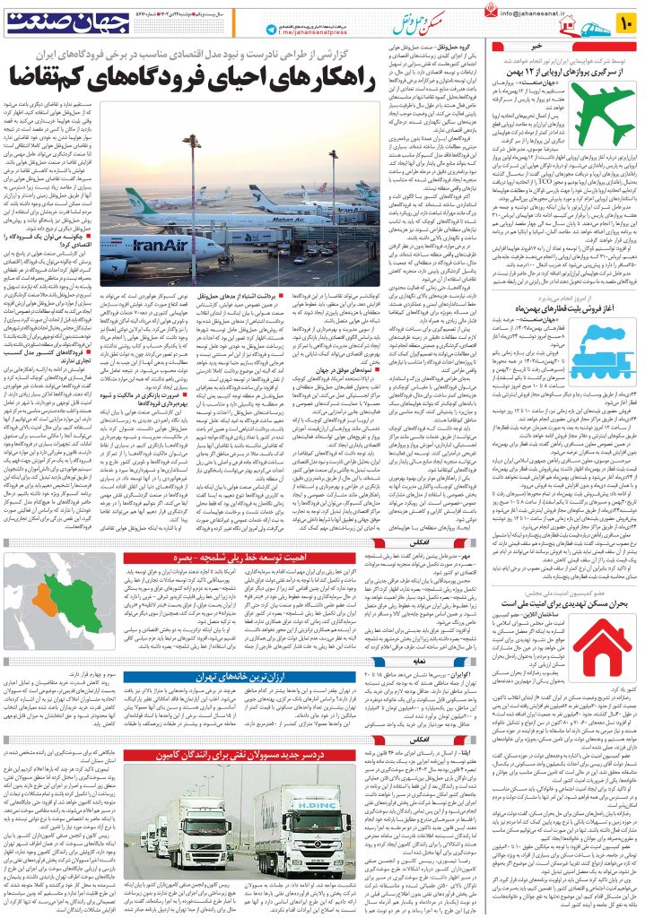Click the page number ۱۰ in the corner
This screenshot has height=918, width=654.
click(x=631, y=18)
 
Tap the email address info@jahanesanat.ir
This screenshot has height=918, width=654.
click(x=555, y=14)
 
